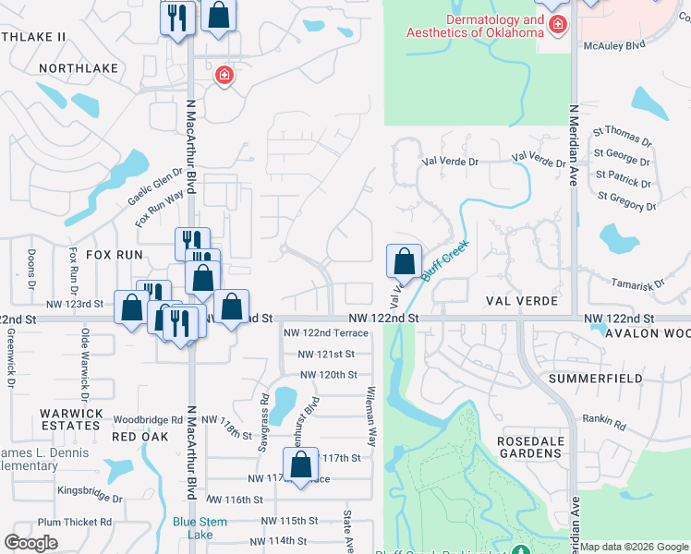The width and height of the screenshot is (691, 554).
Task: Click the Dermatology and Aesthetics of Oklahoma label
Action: [x=474, y=27]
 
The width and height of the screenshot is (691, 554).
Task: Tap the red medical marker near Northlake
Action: [x=223, y=75]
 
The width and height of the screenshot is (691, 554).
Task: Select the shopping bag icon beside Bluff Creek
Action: [x=404, y=262]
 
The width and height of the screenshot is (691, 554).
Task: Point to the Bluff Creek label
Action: [x=446, y=261]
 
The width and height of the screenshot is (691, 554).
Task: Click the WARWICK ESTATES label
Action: [x=70, y=418]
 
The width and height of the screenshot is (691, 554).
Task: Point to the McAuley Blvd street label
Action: [x=613, y=45]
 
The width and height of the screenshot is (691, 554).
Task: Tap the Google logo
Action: [x=30, y=543]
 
